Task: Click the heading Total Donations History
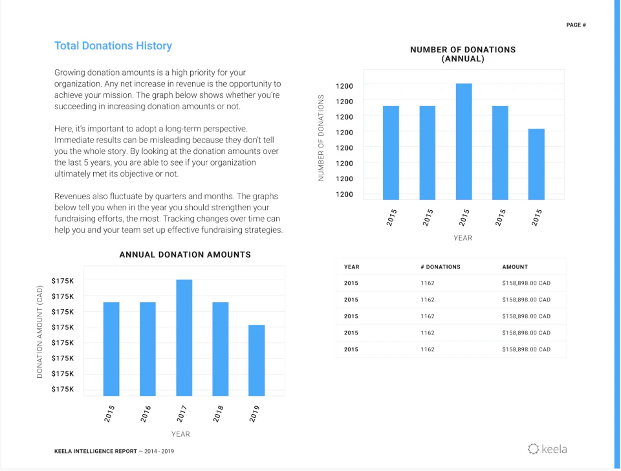tap(113, 46)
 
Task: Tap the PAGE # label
tap(576, 25)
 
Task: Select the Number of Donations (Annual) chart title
tap(463, 54)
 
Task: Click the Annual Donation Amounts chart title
tap(185, 255)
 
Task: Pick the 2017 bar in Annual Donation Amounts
tap(184, 337)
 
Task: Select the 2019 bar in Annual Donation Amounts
tap(257, 360)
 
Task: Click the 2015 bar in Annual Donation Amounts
tap(111, 349)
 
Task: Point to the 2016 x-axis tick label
tap(146, 414)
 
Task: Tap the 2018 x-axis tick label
tap(219, 414)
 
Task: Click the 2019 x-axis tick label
tap(255, 414)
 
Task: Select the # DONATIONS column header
tap(441, 267)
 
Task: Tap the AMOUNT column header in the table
tap(515, 267)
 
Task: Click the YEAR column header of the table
tap(351, 267)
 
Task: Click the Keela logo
tap(547, 448)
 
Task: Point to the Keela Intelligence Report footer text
tap(114, 451)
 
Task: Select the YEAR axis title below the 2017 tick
tap(180, 433)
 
